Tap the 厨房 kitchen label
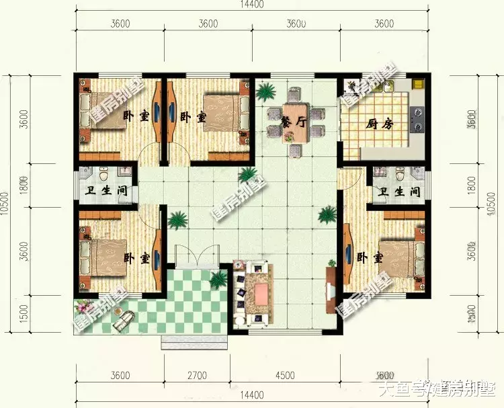coord(380,124)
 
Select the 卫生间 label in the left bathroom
coord(103,191)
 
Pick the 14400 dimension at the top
coord(251,5)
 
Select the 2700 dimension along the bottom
coord(197,375)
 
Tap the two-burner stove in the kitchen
coord(418,118)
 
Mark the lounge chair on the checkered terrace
coord(122,323)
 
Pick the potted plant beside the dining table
coord(265,90)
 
